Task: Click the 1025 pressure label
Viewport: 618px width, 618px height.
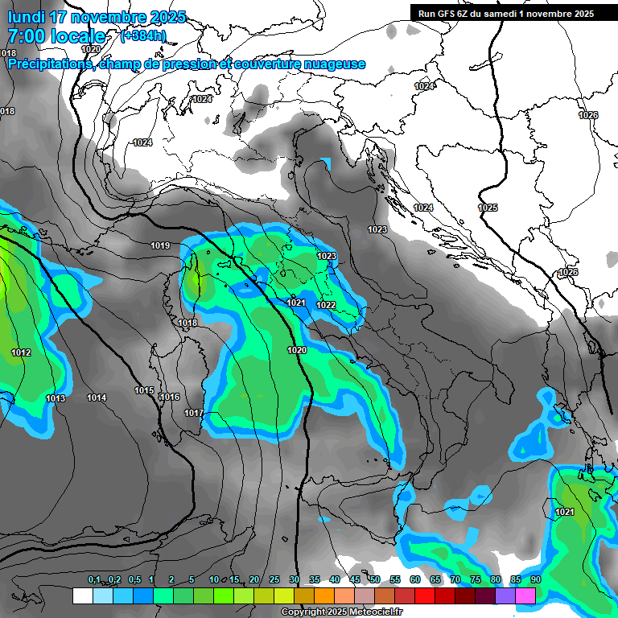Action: click(x=488, y=208)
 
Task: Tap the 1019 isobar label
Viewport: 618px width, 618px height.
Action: click(x=160, y=245)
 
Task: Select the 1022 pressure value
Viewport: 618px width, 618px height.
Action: click(x=326, y=305)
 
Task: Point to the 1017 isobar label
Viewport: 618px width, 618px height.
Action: click(x=194, y=413)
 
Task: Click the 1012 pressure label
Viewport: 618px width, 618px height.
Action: click(x=21, y=352)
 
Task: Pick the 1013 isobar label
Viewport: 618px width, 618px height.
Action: click(x=56, y=398)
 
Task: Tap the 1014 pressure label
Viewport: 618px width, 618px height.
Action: click(x=97, y=398)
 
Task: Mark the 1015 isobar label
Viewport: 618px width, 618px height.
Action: click(x=144, y=390)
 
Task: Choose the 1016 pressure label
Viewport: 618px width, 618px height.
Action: click(x=169, y=397)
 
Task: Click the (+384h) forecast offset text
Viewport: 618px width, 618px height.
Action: click(x=142, y=35)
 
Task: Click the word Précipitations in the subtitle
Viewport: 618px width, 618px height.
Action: click(x=49, y=64)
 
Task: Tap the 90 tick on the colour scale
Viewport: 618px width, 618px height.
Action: click(x=535, y=580)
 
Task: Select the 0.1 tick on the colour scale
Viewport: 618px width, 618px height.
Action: click(x=93, y=580)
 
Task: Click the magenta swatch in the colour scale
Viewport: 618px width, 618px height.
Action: click(x=525, y=595)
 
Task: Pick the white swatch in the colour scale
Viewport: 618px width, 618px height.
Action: click(x=82, y=595)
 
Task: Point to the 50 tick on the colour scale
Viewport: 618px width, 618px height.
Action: click(x=375, y=580)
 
